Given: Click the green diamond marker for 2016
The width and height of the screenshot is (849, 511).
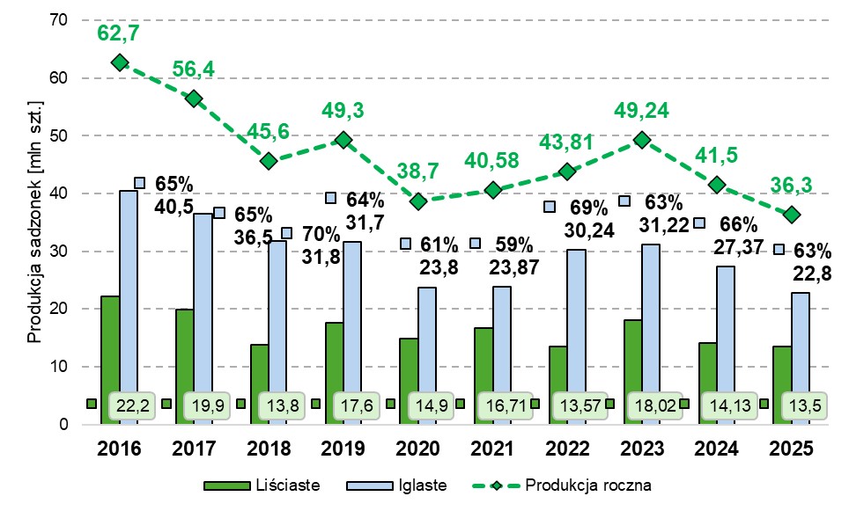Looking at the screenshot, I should [x=120, y=62].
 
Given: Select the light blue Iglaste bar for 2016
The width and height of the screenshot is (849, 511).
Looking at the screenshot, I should [x=129, y=307].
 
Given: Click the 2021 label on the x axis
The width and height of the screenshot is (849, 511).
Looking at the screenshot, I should [x=493, y=448].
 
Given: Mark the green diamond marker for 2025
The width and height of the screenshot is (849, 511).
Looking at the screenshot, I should [x=792, y=215].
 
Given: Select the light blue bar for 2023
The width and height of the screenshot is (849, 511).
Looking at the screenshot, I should [x=652, y=334].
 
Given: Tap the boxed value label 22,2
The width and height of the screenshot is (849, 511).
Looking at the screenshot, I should [x=128, y=406].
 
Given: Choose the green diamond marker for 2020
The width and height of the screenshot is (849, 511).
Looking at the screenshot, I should [x=418, y=201].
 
